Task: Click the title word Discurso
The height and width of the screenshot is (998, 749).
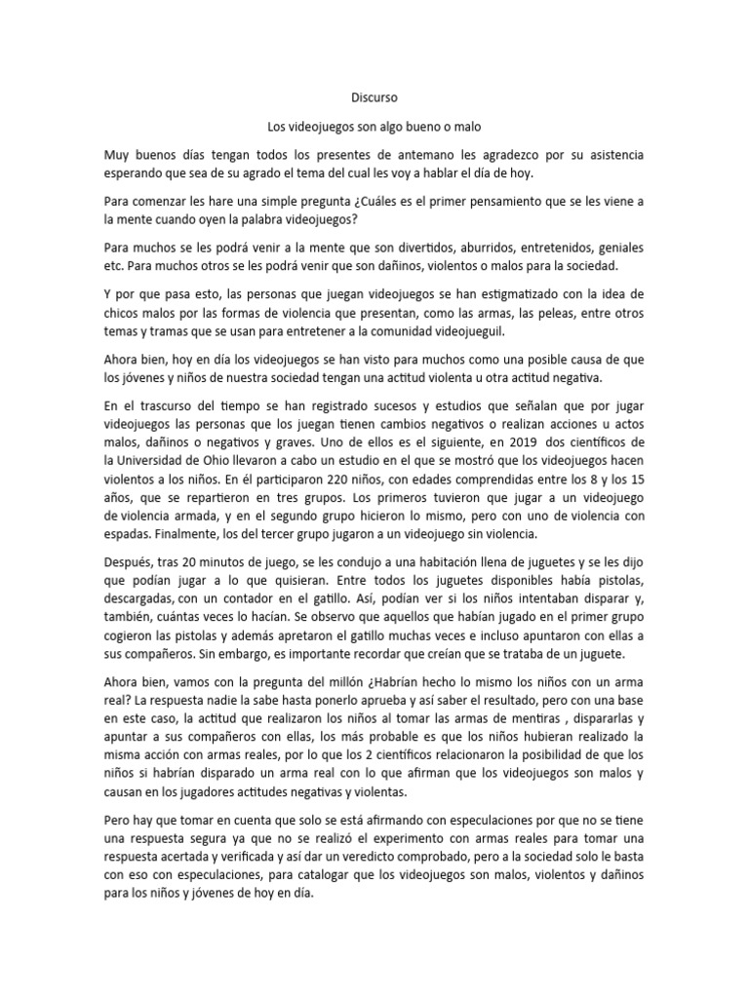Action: (x=374, y=98)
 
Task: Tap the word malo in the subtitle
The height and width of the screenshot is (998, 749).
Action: (x=465, y=127)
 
